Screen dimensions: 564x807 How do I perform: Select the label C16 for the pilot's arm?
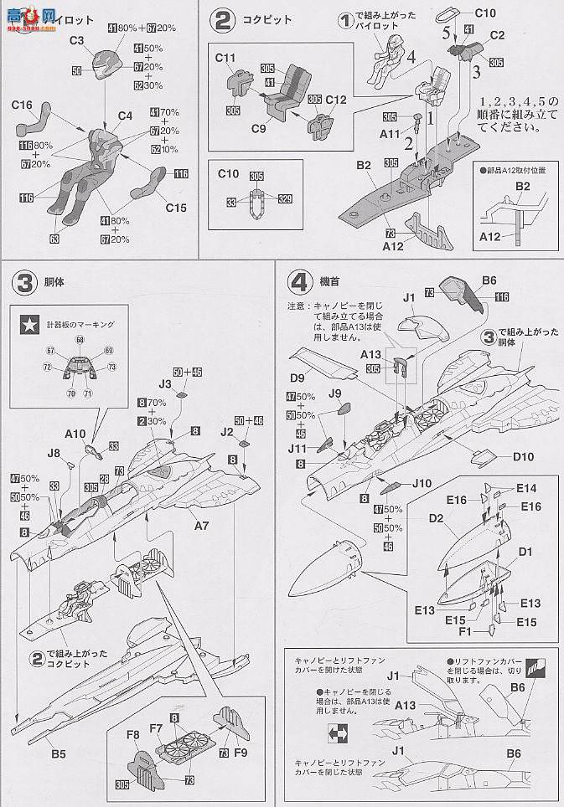23,105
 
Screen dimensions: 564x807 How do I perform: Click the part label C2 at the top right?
496,35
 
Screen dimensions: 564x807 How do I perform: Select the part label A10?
75,434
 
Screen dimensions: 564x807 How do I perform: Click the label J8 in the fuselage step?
54,453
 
